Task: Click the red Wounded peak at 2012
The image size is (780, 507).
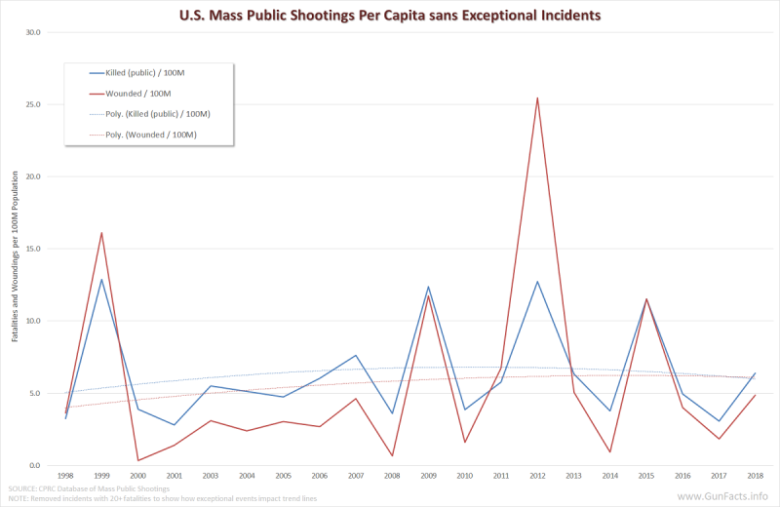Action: coord(537,97)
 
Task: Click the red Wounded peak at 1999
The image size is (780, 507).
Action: coord(101,232)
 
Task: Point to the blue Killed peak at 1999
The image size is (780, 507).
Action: coord(101,280)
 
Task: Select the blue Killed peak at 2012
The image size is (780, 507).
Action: coord(537,282)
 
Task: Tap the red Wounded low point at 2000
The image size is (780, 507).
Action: coord(137,460)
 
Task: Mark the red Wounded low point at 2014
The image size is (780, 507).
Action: coord(610,451)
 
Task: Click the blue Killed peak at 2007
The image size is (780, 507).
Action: coord(356,355)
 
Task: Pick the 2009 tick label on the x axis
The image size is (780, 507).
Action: coord(429,477)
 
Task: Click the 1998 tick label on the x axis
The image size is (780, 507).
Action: coord(65,477)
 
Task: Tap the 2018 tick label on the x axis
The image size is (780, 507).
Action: coord(755,477)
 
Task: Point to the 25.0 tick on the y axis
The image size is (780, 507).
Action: coord(33,104)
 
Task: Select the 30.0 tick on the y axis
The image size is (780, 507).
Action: coord(33,32)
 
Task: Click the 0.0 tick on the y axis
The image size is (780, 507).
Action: coord(35,465)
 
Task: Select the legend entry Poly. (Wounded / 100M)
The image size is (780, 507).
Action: coord(158,135)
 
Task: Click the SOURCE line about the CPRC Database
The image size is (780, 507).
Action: coord(89,488)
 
